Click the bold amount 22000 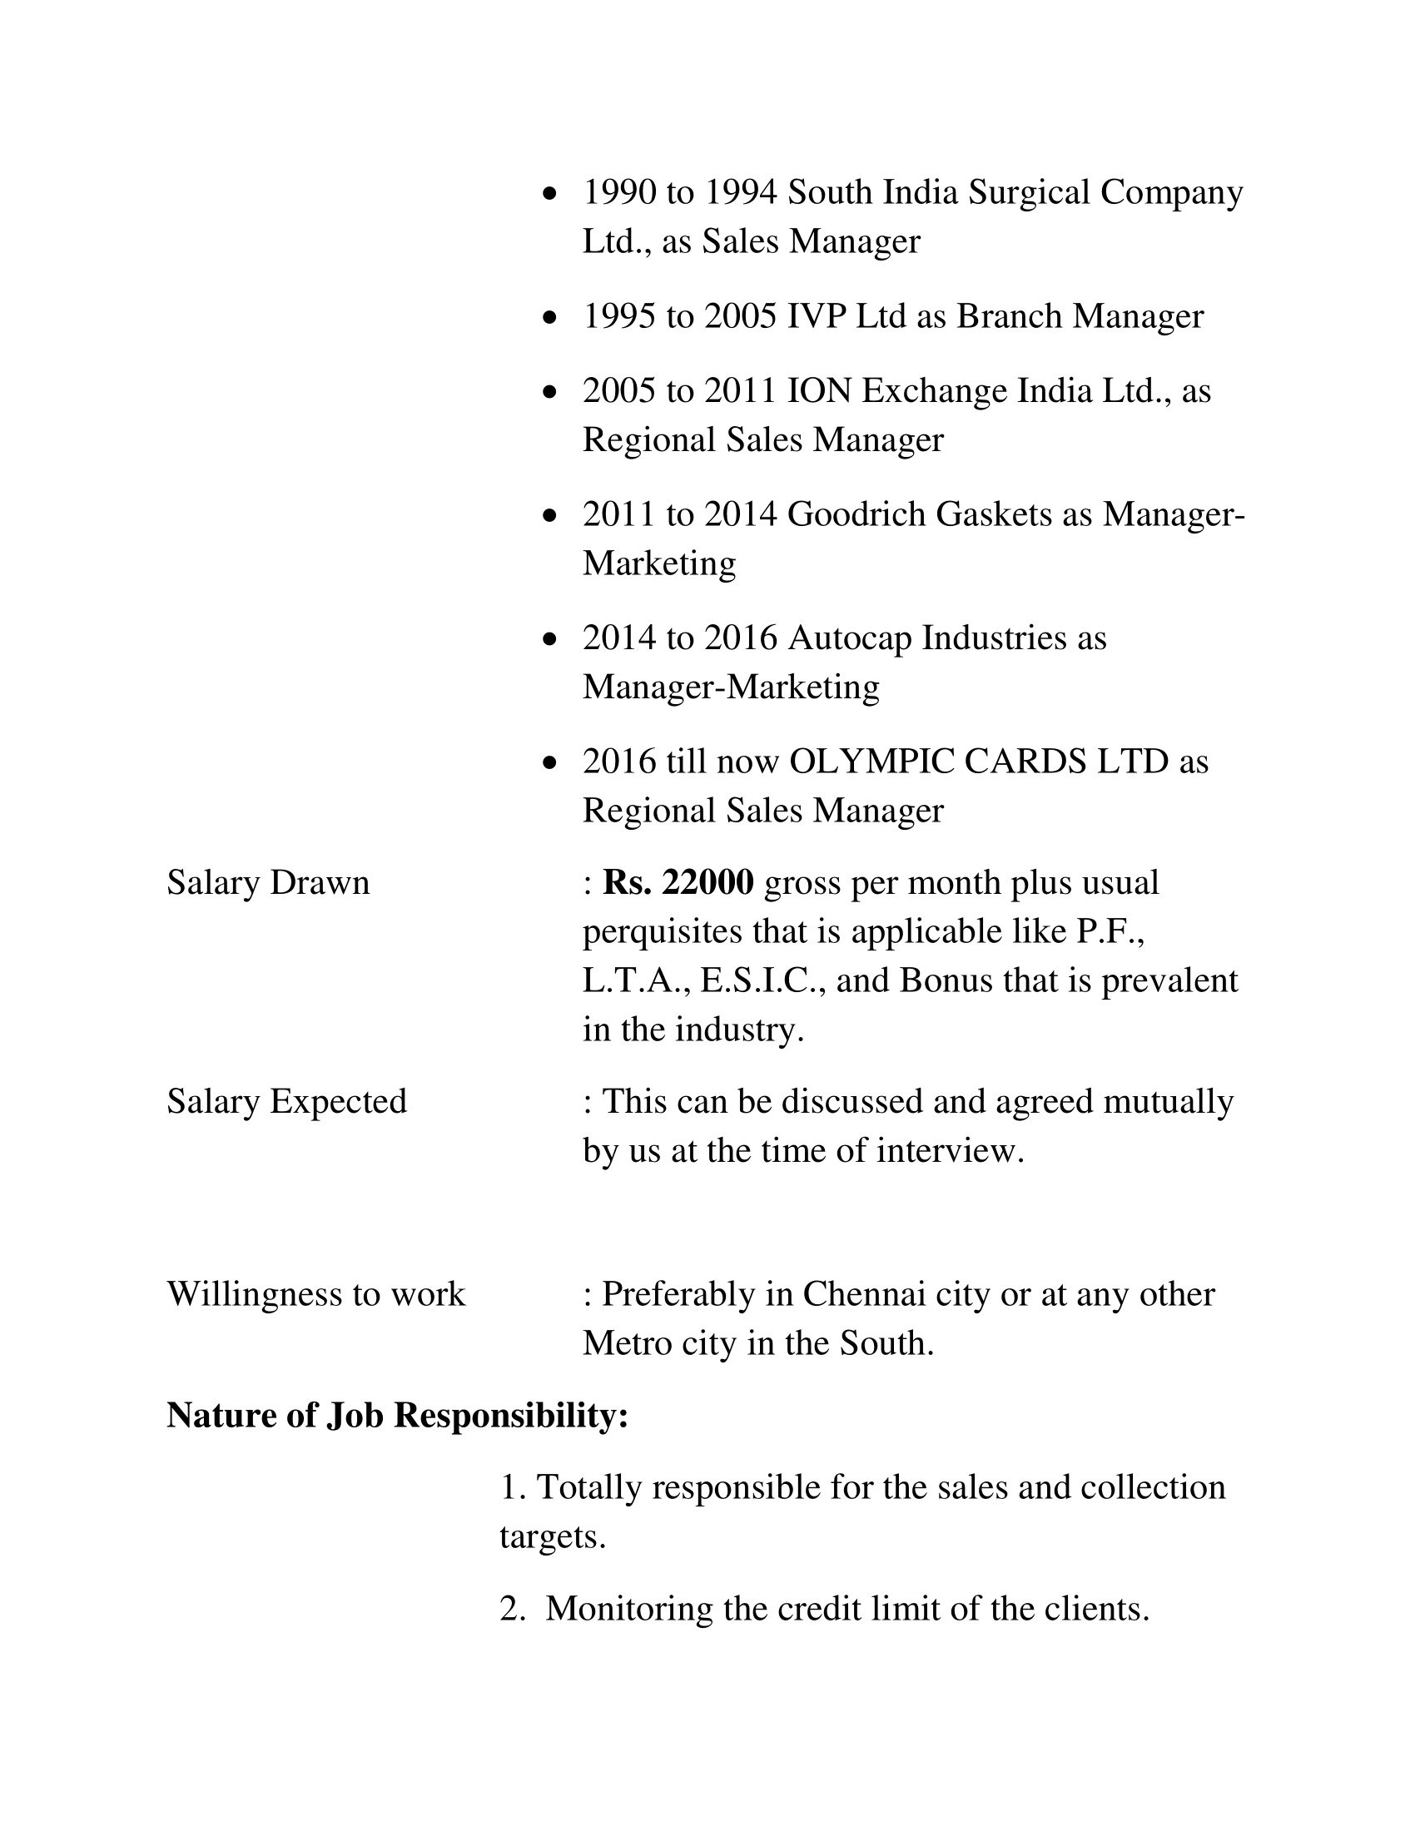pos(707,883)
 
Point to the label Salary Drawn pos(268,883)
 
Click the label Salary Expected pos(286,1101)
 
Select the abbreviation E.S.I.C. pos(761,980)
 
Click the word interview pos(950,1150)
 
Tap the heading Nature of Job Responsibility pos(397,1416)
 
